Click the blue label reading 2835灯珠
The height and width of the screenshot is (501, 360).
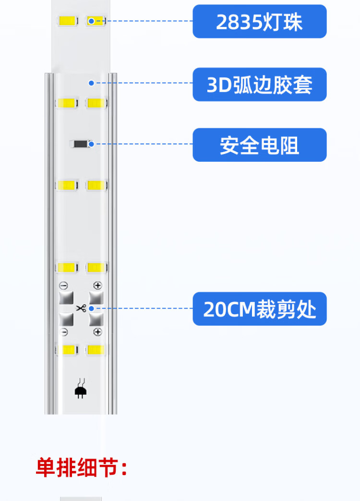259,22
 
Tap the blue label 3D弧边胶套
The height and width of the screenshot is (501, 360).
259,84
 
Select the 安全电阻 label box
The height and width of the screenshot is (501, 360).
259,145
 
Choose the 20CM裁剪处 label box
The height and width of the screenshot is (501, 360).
259,309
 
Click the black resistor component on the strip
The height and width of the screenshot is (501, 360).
80,143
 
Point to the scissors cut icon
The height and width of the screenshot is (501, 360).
81,308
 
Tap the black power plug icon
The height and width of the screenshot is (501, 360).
80,391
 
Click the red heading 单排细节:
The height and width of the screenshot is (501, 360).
82,468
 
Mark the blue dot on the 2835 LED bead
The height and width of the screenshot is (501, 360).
91,21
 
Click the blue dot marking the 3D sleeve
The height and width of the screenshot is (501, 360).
91,83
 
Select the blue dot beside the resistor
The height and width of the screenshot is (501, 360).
91,143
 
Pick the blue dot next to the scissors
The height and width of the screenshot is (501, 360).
91,308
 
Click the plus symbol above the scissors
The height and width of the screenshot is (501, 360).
97,286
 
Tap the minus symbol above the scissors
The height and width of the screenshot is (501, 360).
64,286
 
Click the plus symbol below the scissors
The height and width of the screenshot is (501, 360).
97,332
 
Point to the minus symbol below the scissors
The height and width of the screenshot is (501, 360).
64,332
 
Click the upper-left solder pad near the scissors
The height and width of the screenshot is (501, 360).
66,298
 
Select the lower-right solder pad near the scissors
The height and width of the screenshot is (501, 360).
96,319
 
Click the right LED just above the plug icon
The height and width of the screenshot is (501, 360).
96,349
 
